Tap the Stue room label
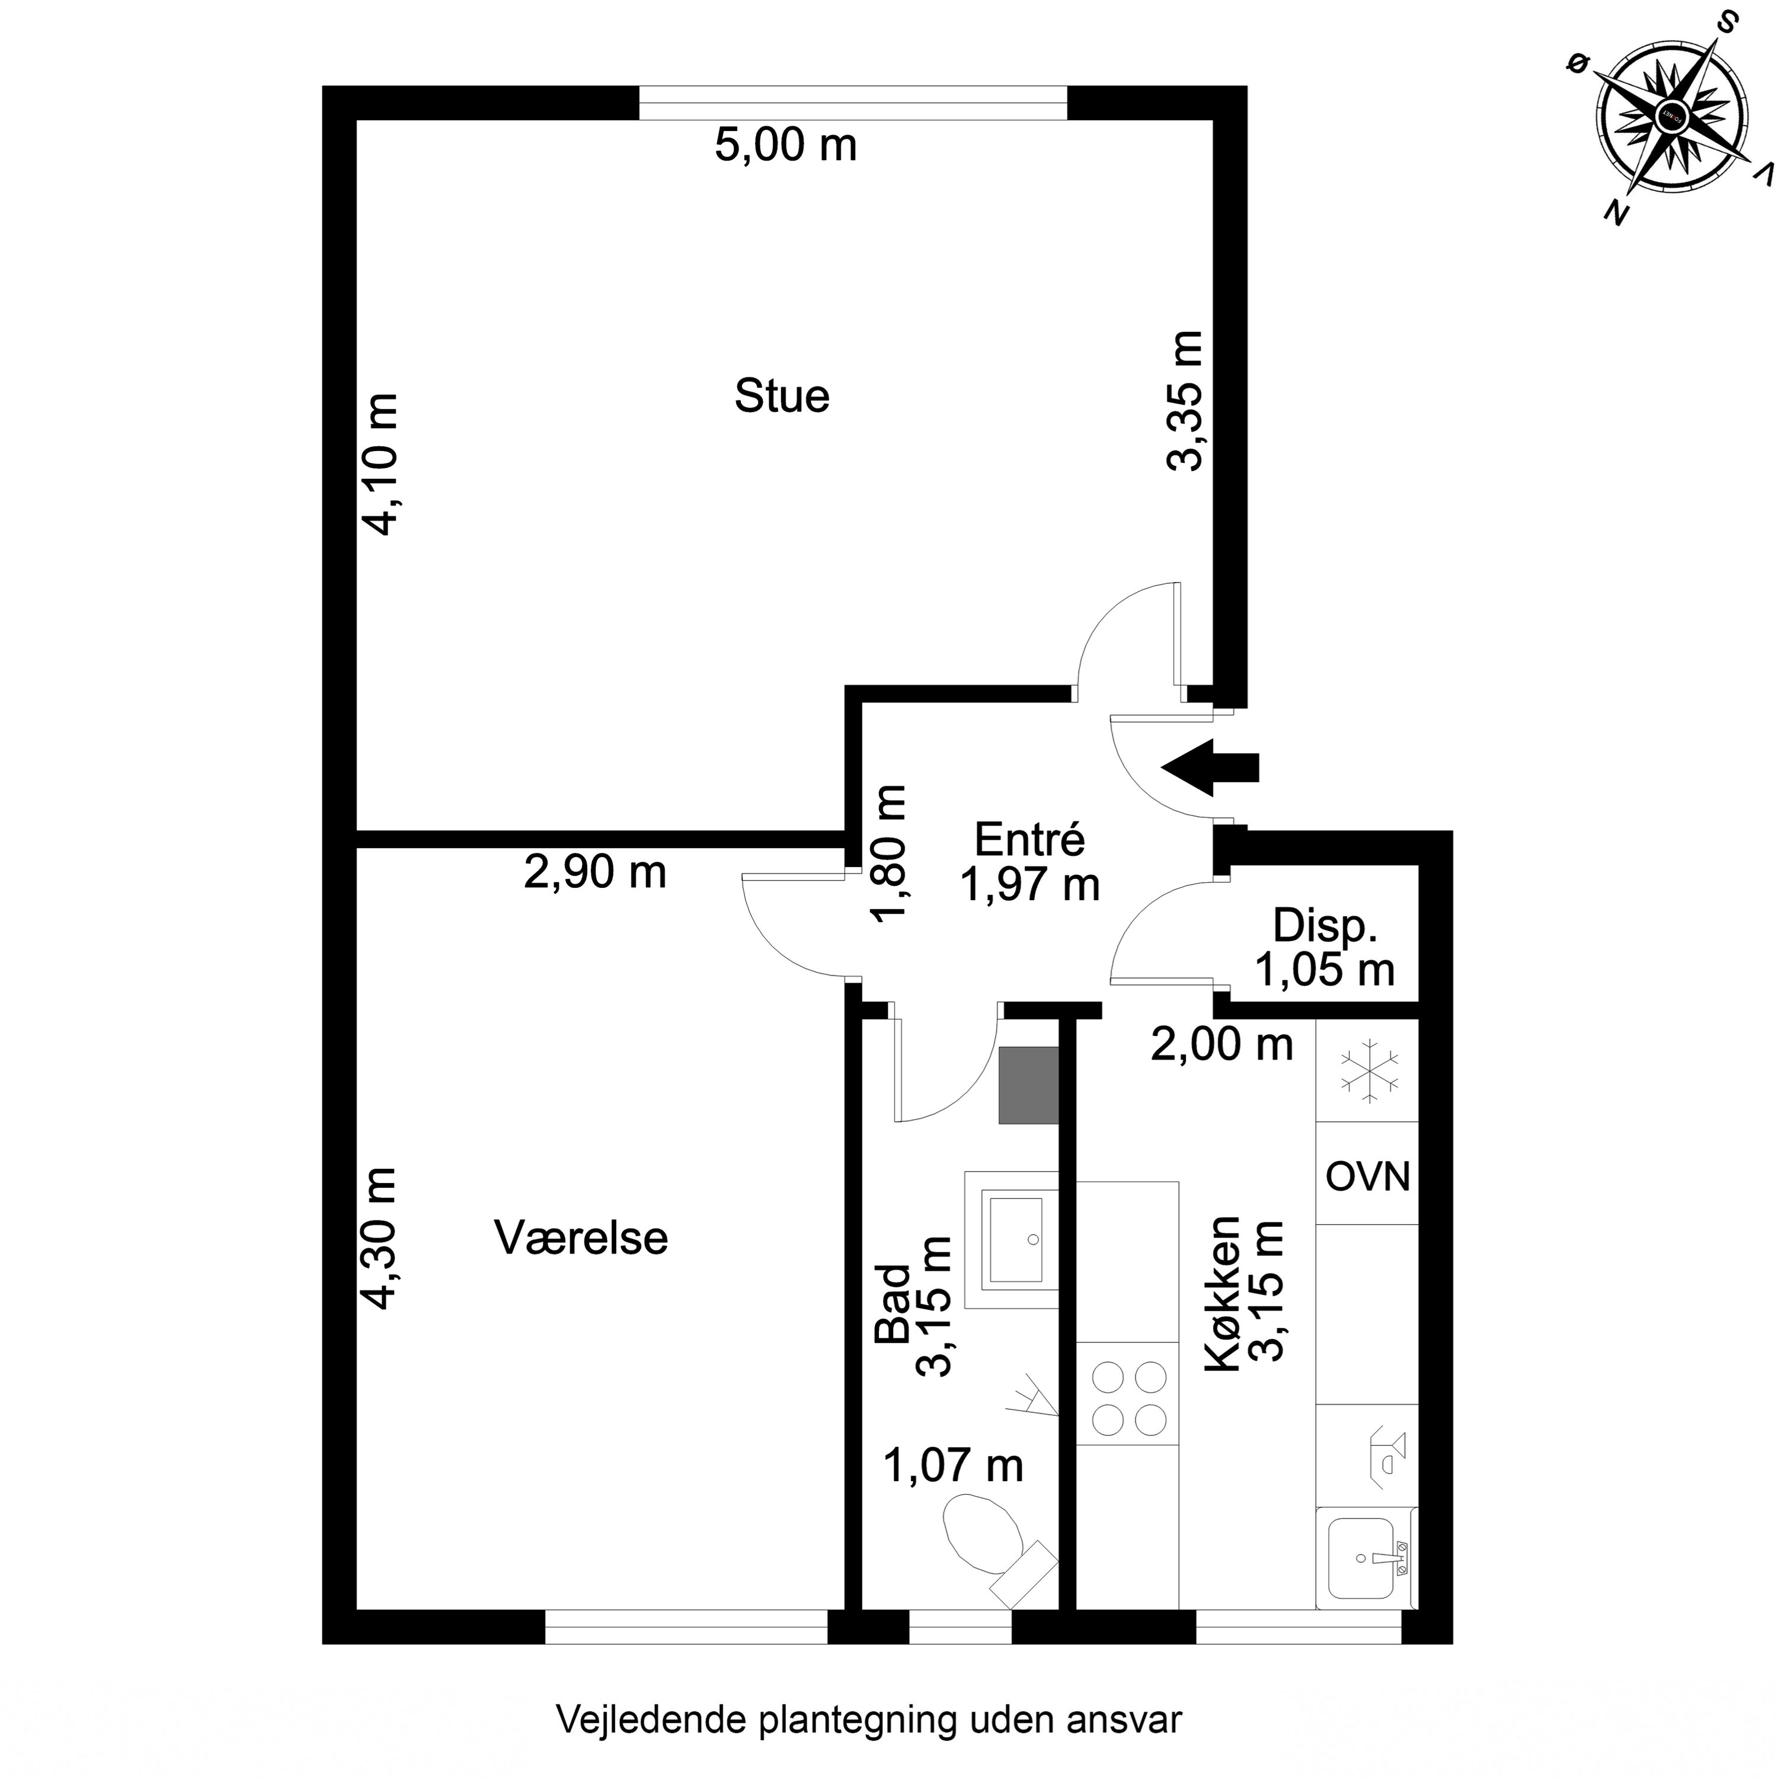click(x=781, y=396)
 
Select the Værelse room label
click(x=581, y=1238)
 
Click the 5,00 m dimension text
click(x=785, y=145)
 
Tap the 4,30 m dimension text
click(x=379, y=1238)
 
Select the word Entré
click(x=1029, y=839)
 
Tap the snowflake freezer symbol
click(x=1368, y=1071)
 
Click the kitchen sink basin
click(x=1360, y=1559)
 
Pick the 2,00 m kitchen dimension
click(x=1222, y=1044)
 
